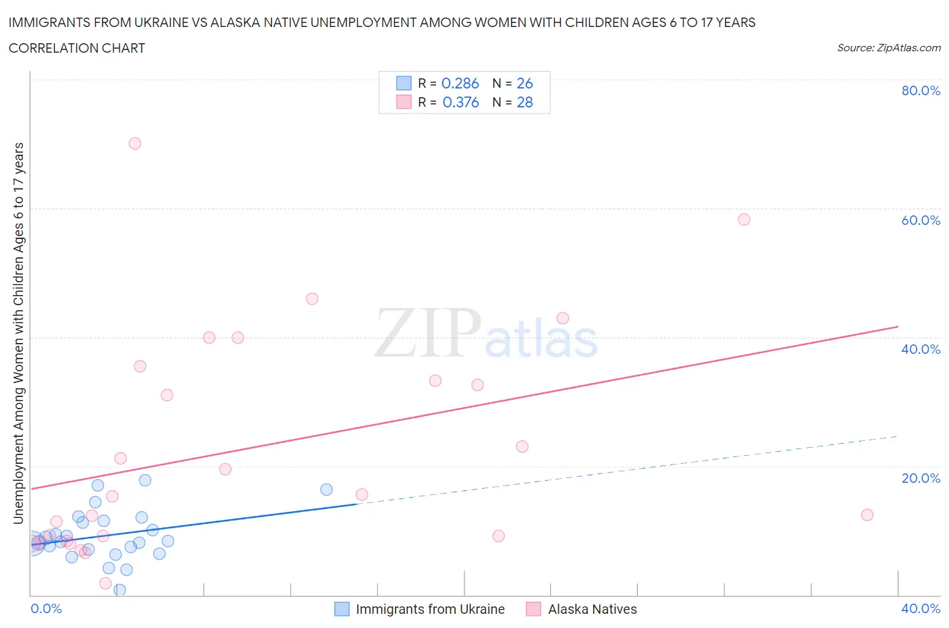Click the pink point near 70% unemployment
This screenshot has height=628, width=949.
135,143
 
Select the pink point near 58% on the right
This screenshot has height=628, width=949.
744,219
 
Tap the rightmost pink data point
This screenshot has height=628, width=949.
867,515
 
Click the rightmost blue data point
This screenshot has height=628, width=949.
327,490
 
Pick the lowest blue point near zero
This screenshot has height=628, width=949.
119,590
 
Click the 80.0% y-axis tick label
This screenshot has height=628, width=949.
921,90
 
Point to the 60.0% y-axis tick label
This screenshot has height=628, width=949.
921,220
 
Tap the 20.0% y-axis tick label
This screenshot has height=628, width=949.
921,478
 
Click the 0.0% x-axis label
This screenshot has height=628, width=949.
47,608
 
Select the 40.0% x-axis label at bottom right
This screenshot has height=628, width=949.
921,608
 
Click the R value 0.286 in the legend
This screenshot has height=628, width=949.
460,83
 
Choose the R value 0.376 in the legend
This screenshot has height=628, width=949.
460,102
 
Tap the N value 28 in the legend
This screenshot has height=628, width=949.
524,102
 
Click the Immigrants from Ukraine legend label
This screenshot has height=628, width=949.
430,609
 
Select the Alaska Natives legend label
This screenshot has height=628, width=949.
592,609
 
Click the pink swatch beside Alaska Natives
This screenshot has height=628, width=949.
533,609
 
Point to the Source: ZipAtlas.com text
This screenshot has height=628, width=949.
888,48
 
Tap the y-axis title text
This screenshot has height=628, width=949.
18,333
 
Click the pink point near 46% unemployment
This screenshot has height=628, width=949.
312,299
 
